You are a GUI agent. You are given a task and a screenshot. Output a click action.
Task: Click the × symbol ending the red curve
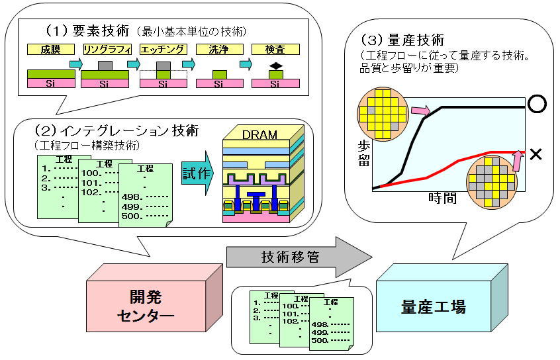coord(536,154)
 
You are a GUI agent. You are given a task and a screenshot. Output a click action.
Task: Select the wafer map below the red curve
coord(490,179)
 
